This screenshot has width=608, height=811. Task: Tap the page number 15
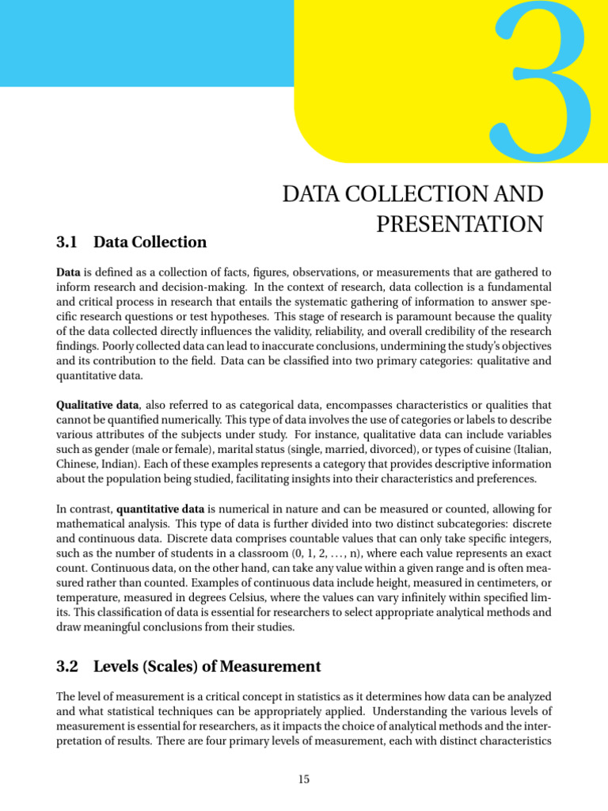point(304,780)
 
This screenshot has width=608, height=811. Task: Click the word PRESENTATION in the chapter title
point(459,224)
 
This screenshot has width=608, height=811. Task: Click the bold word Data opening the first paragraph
point(68,272)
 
